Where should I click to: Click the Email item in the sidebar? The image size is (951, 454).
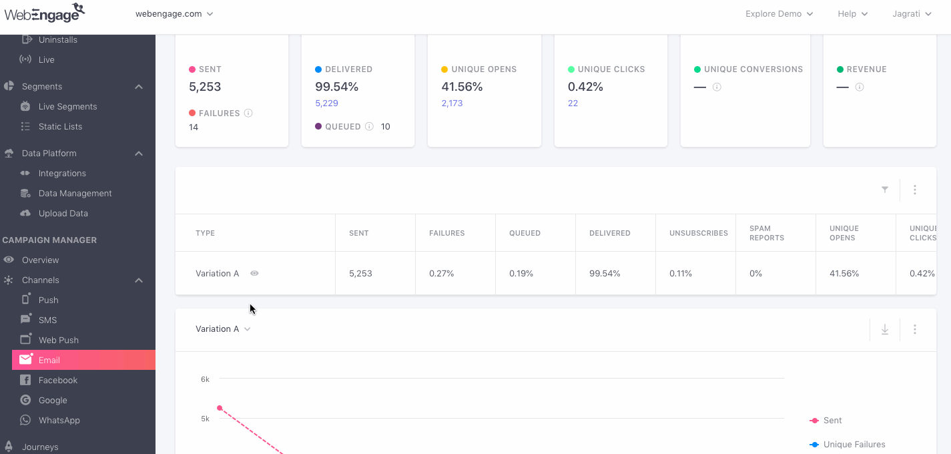(x=49, y=360)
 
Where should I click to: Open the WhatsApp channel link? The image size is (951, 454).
(x=59, y=420)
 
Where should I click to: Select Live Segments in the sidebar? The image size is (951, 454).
(x=67, y=106)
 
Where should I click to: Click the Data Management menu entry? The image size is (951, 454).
(x=75, y=193)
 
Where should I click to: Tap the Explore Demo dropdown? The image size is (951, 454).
(x=779, y=14)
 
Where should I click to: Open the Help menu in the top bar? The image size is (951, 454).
(x=852, y=14)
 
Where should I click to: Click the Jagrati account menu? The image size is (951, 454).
(x=912, y=14)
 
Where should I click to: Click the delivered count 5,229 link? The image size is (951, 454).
(x=327, y=103)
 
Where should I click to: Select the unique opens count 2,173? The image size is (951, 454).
(x=452, y=103)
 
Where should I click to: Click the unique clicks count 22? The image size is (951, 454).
(x=573, y=103)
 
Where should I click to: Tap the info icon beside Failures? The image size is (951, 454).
(x=248, y=113)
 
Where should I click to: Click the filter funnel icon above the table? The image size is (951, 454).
(x=885, y=190)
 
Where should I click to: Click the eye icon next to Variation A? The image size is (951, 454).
(x=254, y=273)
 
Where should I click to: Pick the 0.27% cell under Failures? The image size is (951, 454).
(x=441, y=273)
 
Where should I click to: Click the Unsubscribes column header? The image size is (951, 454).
(x=698, y=233)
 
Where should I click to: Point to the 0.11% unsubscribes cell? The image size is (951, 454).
(x=681, y=273)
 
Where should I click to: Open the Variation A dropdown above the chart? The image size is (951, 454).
(x=223, y=328)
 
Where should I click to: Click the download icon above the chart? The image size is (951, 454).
(x=885, y=329)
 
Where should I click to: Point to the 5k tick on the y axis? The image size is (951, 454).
(x=205, y=419)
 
